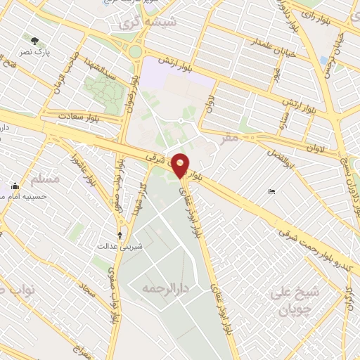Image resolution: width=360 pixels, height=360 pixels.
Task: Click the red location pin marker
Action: tap(181, 166)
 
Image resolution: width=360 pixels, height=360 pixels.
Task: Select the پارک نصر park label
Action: tap(35, 52)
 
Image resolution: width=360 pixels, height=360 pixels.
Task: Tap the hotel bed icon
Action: tap(271, 192)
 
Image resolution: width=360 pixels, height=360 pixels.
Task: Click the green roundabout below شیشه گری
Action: tap(134, 51)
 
